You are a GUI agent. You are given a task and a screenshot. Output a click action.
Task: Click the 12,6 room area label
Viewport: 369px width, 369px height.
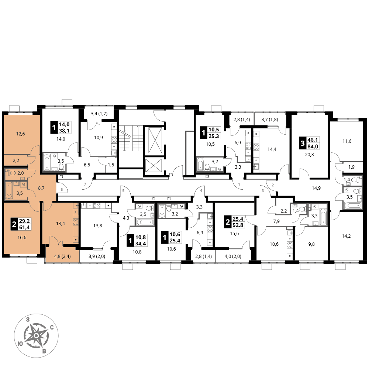click(20, 134)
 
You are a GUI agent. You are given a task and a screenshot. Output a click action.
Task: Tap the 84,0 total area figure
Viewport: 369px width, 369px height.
click(313, 146)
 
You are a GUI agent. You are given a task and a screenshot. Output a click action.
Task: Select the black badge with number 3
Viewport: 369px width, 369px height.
click(303, 143)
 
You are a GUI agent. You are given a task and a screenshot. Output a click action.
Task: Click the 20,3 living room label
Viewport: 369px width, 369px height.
click(310, 155)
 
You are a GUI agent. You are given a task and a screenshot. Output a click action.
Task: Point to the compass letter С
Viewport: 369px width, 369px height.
click(52, 327)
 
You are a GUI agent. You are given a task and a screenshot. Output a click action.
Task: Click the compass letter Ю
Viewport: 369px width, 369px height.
click(20, 344)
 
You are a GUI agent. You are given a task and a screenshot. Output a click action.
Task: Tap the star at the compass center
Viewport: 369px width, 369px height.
click(36, 335)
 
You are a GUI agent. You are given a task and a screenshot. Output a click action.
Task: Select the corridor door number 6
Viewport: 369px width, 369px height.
click(62, 189)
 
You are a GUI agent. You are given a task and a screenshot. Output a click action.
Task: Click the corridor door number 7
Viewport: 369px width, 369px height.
click(85, 184)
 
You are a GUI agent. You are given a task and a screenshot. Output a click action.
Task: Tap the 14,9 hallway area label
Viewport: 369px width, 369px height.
click(316, 188)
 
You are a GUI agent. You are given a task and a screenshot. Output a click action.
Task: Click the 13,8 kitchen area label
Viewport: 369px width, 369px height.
click(98, 226)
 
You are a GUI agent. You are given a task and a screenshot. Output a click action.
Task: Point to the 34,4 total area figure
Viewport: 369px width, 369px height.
click(141, 244)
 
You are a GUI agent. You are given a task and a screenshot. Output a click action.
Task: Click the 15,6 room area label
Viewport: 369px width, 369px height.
click(234, 233)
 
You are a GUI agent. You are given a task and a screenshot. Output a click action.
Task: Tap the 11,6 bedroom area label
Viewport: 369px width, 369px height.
click(347, 141)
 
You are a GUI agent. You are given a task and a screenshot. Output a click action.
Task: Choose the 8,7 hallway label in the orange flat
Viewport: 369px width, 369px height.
click(41, 188)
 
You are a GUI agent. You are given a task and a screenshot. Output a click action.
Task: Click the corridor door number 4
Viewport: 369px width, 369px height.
click(201, 191)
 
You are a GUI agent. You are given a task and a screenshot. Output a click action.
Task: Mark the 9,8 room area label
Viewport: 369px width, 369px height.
click(311, 244)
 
